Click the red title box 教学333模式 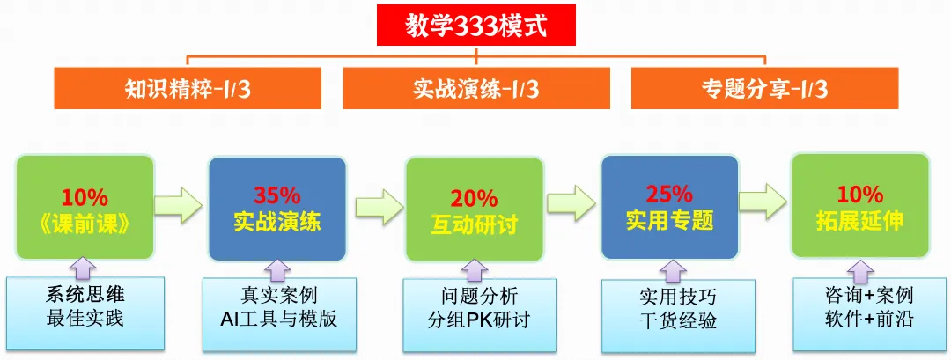point(475,26)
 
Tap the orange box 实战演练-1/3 point(475,88)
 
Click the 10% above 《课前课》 point(85,195)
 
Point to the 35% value point(277,195)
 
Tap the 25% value point(669,195)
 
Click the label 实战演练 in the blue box point(277,221)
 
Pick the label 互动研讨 point(474,224)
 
